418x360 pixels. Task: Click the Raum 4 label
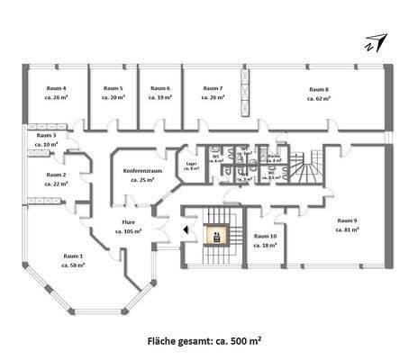tap(55, 88)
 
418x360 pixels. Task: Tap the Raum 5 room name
tap(113, 88)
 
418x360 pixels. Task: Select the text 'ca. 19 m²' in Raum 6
tap(161, 98)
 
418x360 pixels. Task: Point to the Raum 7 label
tap(213, 88)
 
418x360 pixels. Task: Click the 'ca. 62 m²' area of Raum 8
tap(318, 98)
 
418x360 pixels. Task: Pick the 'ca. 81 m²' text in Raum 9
tap(348, 230)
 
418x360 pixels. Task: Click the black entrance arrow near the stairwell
tap(185, 229)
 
